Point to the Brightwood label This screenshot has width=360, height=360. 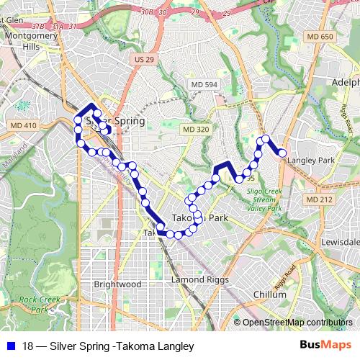(x=117, y=284)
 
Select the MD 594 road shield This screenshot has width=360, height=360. (x=204, y=86)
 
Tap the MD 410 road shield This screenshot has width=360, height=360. (x=23, y=125)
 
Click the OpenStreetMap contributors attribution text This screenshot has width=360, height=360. (x=297, y=322)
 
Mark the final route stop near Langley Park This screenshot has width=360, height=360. (x=282, y=153)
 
